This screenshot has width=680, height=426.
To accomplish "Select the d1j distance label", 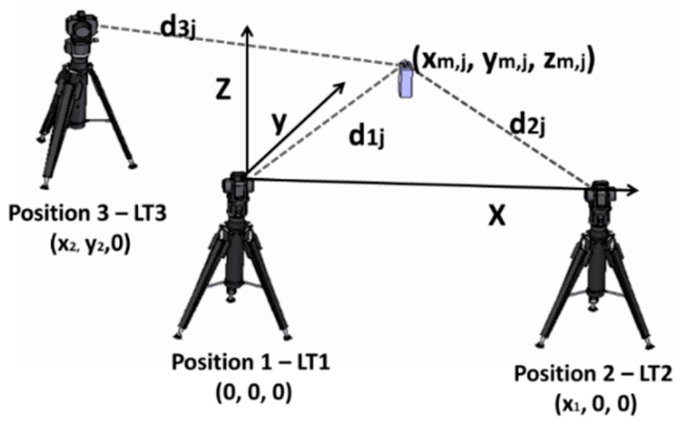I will (x=369, y=140).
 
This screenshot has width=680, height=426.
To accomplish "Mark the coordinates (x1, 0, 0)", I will (x=593, y=403).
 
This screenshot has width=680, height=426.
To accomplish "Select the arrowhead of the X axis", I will (x=633, y=190).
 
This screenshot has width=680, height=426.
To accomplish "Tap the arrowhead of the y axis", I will (x=344, y=84).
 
